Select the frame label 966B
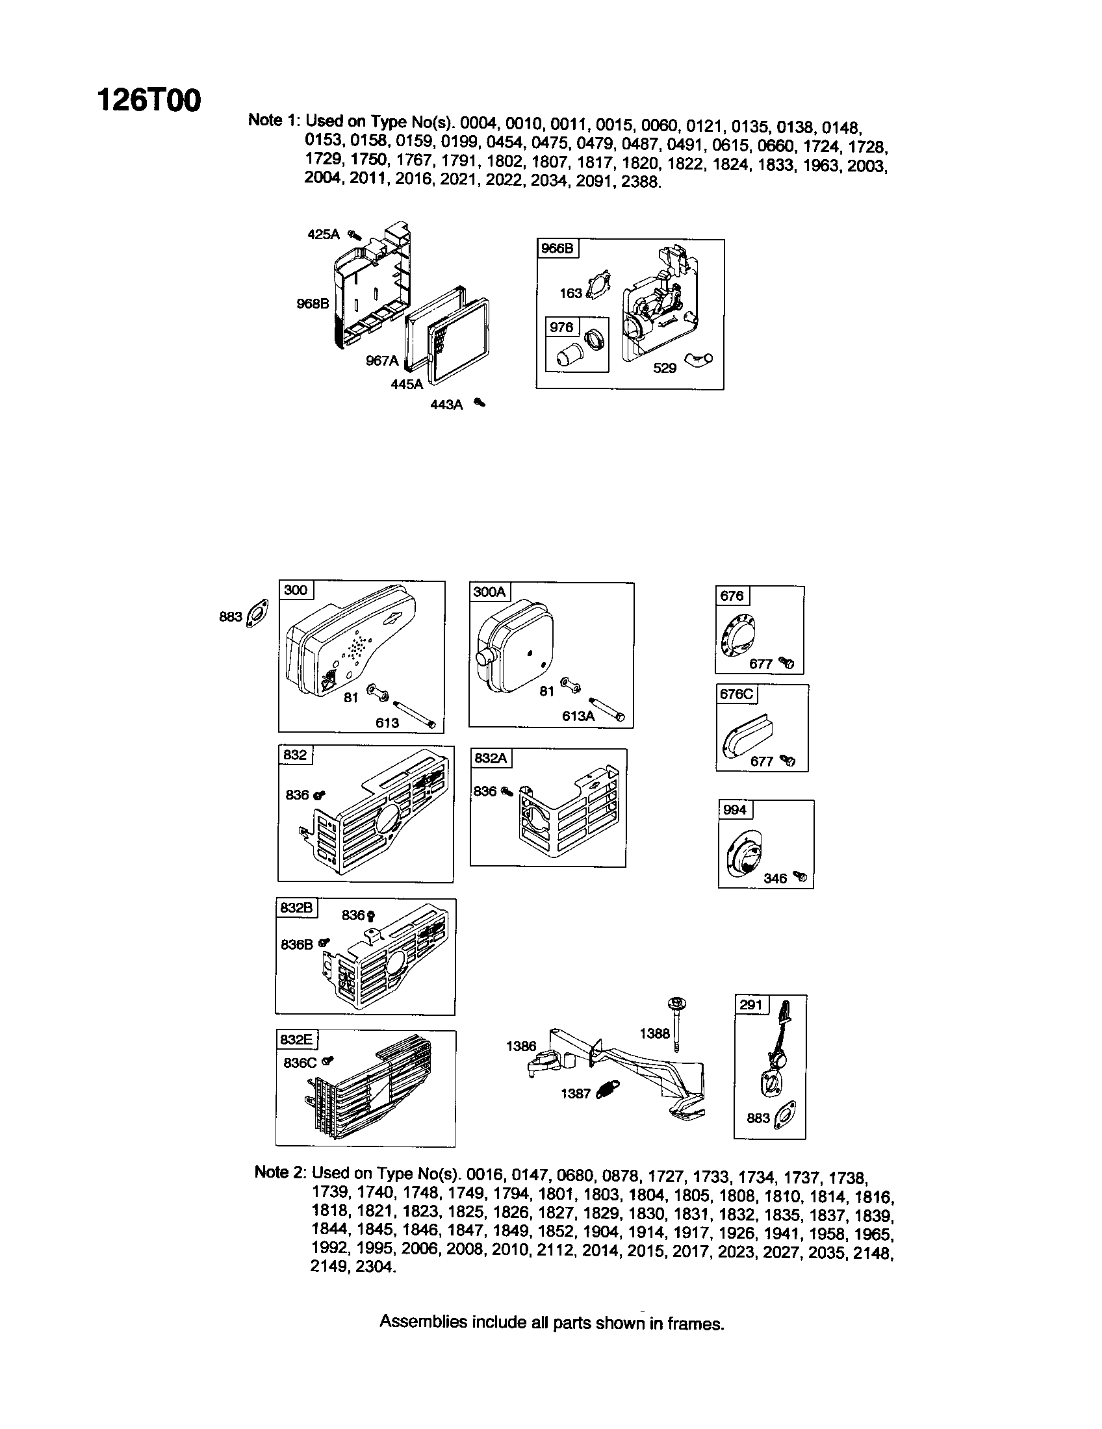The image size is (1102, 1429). [557, 249]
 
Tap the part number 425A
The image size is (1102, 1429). [324, 234]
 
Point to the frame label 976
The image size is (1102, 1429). [561, 327]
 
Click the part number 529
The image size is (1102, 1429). [664, 368]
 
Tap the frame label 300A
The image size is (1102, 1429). [489, 592]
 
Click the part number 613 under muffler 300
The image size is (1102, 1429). [387, 722]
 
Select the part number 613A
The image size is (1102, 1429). [577, 716]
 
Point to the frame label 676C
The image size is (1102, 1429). [736, 694]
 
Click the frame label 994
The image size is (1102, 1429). [734, 809]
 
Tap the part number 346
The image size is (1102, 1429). [775, 878]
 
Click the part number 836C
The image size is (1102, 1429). [300, 1063]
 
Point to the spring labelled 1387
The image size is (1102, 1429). [609, 1089]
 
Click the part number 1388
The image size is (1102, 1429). [654, 1033]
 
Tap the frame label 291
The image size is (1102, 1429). [750, 1004]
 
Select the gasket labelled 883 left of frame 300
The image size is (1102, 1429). [256, 614]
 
